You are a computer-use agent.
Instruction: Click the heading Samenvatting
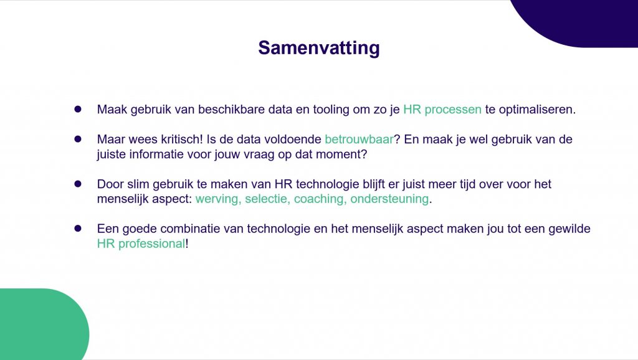[x=319, y=48]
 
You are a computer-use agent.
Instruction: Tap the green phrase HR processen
[x=442, y=110]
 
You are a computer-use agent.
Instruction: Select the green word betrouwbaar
[x=359, y=140]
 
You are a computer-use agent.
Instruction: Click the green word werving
[x=219, y=199]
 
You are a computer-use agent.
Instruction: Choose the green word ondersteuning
[x=389, y=199]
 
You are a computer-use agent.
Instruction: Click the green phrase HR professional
[x=141, y=244]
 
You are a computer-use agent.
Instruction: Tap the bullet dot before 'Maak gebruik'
[x=78, y=109]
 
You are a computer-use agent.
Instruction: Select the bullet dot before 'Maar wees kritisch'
[x=78, y=139]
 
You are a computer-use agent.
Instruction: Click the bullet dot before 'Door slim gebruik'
[x=78, y=184]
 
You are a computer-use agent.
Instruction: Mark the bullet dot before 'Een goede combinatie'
[x=78, y=229]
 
